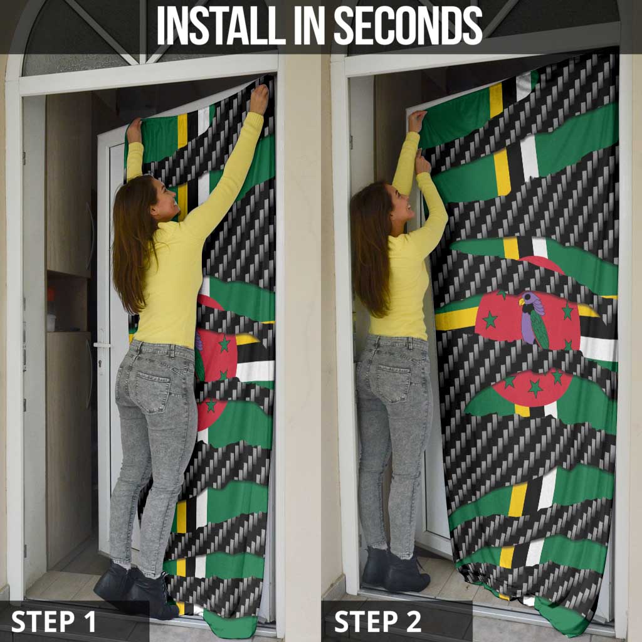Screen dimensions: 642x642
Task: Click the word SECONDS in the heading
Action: (x=408, y=26)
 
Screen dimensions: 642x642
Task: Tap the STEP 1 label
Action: (x=53, y=621)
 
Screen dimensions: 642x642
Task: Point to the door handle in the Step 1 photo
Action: (x=100, y=345)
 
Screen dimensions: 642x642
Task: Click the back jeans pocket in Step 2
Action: (x=392, y=380)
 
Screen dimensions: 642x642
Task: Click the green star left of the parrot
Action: (x=490, y=320)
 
